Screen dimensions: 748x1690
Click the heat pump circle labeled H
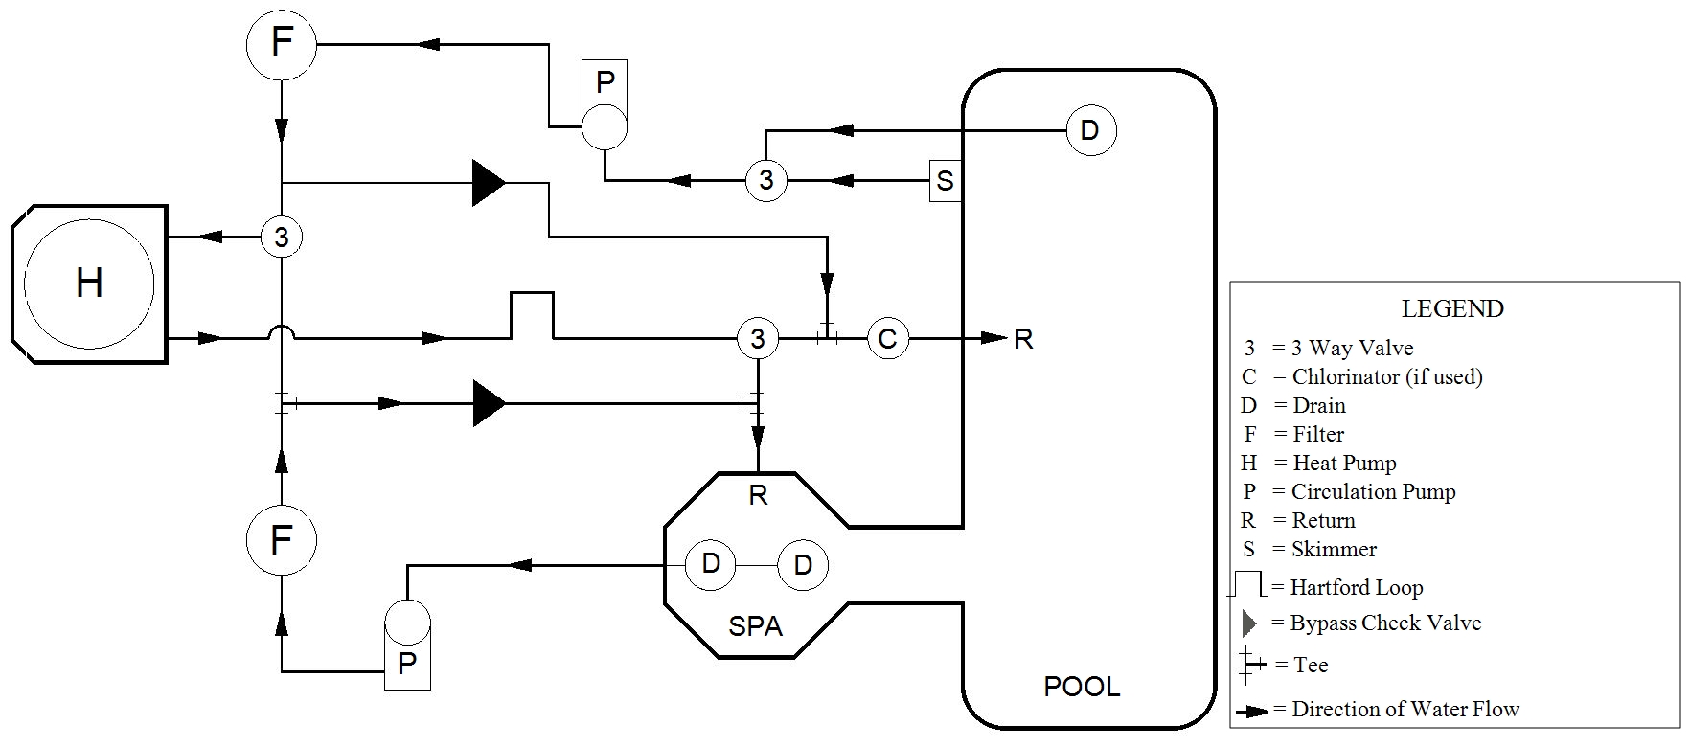[x=89, y=283]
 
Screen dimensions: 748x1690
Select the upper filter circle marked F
[x=281, y=43]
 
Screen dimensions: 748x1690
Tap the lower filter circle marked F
[x=281, y=539]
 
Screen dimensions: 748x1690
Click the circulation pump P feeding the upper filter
[x=605, y=125]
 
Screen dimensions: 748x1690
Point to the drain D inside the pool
[x=1090, y=130]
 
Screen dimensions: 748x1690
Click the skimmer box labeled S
[x=946, y=180]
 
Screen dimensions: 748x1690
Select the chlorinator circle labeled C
[x=888, y=338]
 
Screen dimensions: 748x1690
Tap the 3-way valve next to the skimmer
[x=765, y=180]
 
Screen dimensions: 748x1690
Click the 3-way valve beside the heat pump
[x=282, y=237]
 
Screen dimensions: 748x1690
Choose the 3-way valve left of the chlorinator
[x=758, y=338]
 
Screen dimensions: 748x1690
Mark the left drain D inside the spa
[x=711, y=564]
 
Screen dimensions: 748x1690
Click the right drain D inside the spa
[x=803, y=565]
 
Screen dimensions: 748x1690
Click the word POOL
[x=1082, y=687]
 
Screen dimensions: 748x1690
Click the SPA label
[x=756, y=626]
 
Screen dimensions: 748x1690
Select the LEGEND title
[x=1452, y=309]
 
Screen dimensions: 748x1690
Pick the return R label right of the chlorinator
[x=1023, y=339]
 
